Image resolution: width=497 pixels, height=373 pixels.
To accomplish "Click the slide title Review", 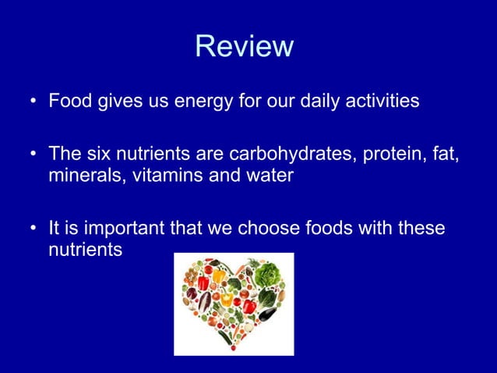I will point(244,46).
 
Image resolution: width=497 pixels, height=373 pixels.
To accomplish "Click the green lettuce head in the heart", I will point(268,273).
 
